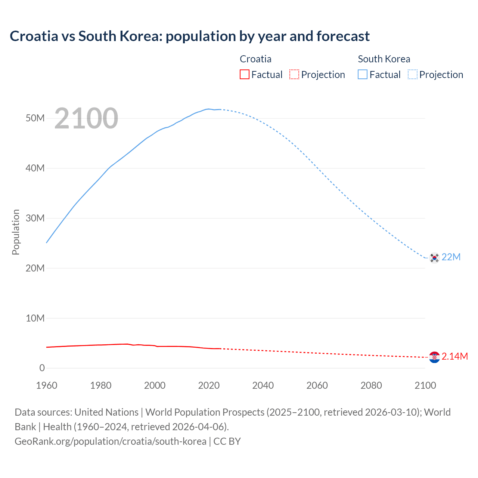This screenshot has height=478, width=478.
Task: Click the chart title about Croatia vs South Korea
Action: pos(190,36)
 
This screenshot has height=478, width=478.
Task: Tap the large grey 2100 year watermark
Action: pos(86,118)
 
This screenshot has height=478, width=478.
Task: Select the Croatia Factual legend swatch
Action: pos(245,74)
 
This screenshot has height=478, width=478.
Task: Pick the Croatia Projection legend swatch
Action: pos(294,74)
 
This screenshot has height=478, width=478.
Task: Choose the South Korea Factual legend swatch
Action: pos(363,74)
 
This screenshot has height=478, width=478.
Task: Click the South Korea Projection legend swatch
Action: pos(413,74)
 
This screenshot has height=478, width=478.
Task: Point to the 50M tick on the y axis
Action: pos(35,118)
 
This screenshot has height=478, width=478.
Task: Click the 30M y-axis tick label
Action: pos(35,218)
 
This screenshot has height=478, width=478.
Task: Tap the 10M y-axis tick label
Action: pos(35,318)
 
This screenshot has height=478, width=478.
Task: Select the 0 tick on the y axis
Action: pos(42,368)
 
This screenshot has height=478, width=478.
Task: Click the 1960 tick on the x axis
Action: pos(47,385)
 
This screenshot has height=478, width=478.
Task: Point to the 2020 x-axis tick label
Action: pos(209,385)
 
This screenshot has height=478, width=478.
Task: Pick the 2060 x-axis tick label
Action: pos(317,385)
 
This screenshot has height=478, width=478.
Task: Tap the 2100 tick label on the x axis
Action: pos(425,385)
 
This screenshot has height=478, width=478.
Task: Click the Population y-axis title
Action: pos(16,232)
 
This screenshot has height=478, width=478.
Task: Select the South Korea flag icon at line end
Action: pos(434,258)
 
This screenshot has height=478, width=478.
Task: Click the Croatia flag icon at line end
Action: pos(434,357)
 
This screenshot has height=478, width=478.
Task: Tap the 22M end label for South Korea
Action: pos(451,257)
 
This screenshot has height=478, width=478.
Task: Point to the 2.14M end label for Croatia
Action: pos(455,357)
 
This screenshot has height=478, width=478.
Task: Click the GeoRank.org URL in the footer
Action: pos(111,441)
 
